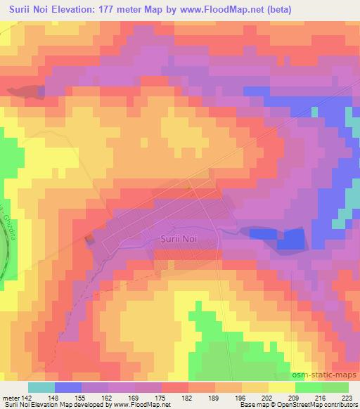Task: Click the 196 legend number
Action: click(x=231, y=397)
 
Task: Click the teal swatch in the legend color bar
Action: click(x=41, y=387)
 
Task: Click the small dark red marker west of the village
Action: click(x=89, y=240)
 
